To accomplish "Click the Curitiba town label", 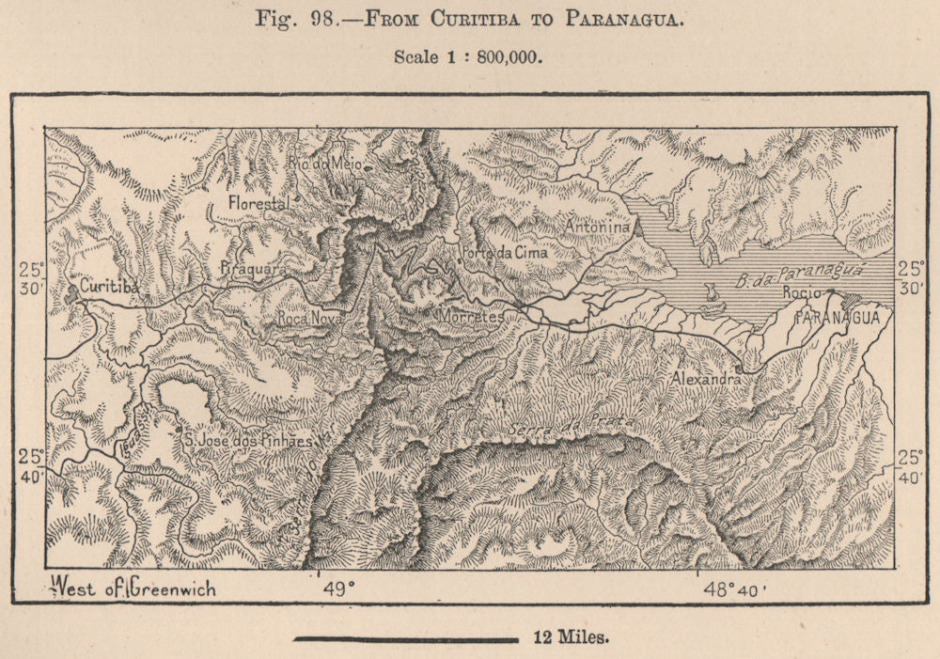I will pyautogui.click(x=110, y=286).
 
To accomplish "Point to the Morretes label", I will pyautogui.click(x=471, y=318).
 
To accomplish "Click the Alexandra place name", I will pyautogui.click(x=706, y=378).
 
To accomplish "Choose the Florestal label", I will pyautogui.click(x=257, y=201).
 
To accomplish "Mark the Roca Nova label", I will pyautogui.click(x=309, y=319).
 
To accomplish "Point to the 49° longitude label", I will pyautogui.click(x=339, y=589).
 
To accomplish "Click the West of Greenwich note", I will pyautogui.click(x=133, y=588).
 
